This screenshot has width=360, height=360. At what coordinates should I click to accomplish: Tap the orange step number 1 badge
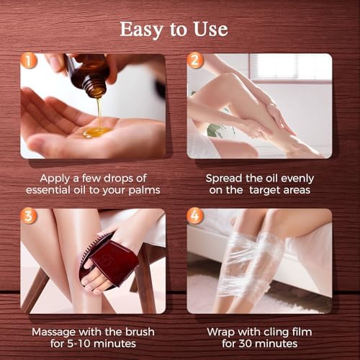pos(28,62)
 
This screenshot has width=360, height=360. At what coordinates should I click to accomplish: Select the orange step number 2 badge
pos(195,62)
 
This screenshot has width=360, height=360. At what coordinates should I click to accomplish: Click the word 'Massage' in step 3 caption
pos(58,331)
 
